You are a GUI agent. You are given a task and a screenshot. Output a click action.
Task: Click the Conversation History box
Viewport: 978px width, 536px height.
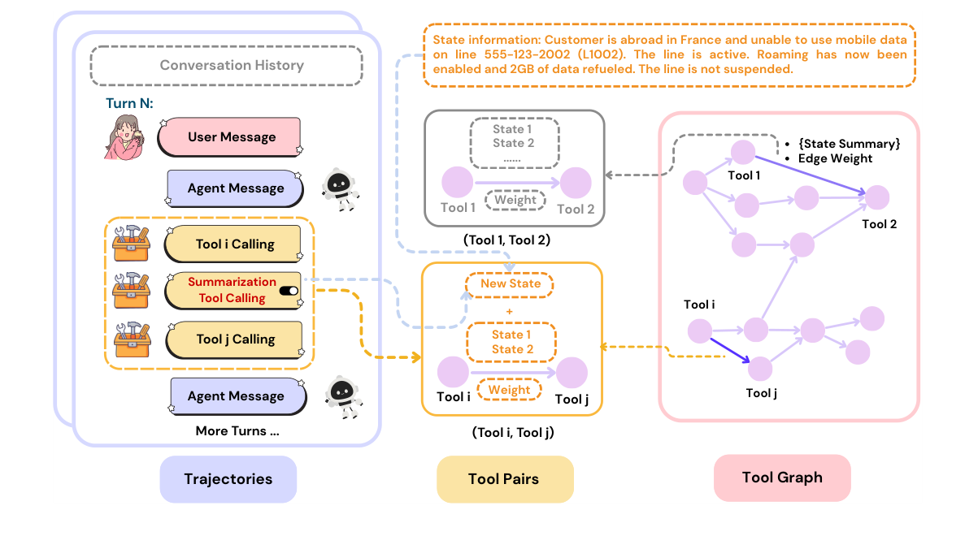click(x=226, y=65)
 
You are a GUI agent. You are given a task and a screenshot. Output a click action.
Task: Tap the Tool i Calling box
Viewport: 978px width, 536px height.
click(x=236, y=244)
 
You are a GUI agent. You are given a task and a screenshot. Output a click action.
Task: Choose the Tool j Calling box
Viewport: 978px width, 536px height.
click(x=236, y=339)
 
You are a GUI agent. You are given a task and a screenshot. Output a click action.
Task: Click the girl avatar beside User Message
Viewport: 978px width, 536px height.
click(x=127, y=136)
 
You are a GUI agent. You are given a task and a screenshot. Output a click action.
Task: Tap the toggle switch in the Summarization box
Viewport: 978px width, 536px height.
click(x=289, y=291)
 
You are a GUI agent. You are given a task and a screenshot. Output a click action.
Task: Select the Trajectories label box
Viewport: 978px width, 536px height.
click(x=228, y=479)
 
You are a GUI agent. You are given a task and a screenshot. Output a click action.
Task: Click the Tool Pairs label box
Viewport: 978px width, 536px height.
click(x=505, y=479)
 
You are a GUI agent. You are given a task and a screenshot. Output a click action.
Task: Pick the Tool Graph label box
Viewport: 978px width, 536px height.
click(x=782, y=478)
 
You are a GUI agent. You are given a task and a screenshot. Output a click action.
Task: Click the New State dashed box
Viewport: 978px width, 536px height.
click(x=509, y=283)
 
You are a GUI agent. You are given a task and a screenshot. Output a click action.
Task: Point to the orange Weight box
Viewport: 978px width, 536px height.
click(x=510, y=390)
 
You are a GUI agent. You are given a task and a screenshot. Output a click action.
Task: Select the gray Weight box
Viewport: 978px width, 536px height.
click(x=515, y=200)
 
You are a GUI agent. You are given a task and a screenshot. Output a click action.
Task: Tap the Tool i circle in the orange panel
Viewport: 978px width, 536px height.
click(x=453, y=372)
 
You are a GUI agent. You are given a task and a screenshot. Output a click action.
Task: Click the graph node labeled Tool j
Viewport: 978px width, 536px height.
click(x=760, y=369)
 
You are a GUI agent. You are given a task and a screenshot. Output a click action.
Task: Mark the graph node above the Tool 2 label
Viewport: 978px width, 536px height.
click(x=876, y=197)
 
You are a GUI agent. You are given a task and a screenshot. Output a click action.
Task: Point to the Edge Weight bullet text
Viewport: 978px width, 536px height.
click(x=835, y=159)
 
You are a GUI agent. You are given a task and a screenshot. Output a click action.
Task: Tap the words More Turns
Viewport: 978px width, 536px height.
click(x=237, y=431)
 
